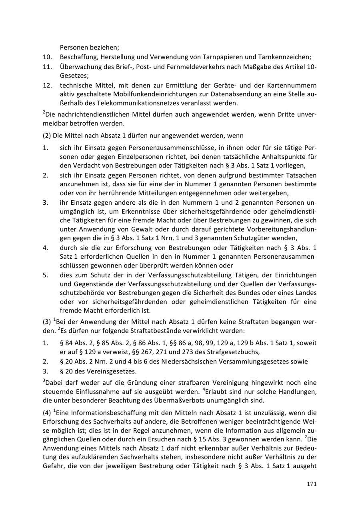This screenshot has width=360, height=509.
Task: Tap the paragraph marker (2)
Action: tap(47, 136)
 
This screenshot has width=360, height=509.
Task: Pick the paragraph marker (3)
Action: tap(47, 322)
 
